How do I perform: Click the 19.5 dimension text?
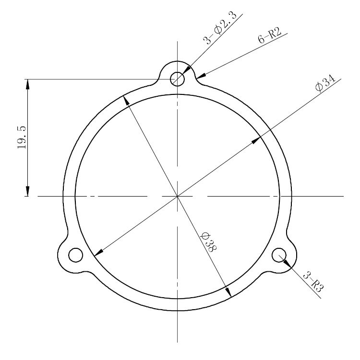[22, 137]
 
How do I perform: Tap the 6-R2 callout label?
[270, 36]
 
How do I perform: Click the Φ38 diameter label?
[209, 242]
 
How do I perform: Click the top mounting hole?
[177, 79]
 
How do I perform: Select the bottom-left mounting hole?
[76, 255]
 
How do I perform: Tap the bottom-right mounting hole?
[279, 255]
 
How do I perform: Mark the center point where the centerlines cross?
[177, 197]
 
